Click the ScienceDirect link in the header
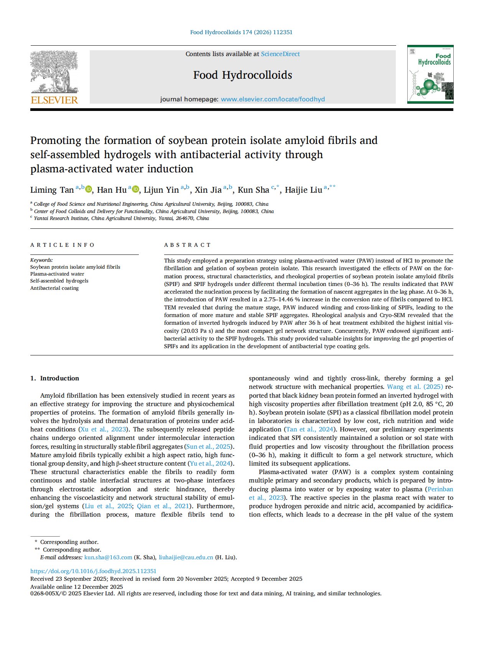(x=280, y=54)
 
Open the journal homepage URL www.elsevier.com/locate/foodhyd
(x=273, y=99)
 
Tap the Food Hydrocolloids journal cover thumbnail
(x=430, y=74)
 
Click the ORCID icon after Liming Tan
(x=89, y=189)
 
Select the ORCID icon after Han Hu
(x=135, y=189)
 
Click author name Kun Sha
(x=253, y=190)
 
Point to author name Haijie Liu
(x=303, y=190)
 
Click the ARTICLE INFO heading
(x=62, y=245)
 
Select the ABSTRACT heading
(x=187, y=245)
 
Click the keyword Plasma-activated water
(x=57, y=274)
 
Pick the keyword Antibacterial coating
(x=54, y=288)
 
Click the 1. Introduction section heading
(x=54, y=378)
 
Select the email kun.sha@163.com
(x=108, y=557)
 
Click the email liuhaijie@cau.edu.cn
(x=186, y=557)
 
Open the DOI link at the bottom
(x=93, y=571)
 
